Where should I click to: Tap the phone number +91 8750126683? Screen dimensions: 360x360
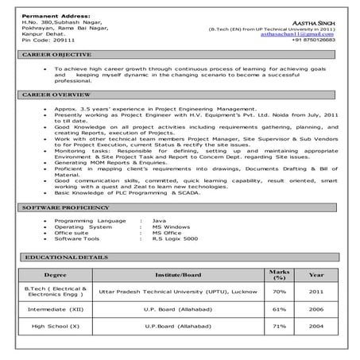(312, 41)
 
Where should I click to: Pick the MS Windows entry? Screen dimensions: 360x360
(170, 225)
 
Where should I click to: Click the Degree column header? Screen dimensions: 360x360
(55, 275)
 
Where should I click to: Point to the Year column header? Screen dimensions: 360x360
(316, 275)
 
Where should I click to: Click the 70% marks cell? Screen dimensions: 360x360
(278, 292)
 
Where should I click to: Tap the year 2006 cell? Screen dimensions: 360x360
(316, 308)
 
